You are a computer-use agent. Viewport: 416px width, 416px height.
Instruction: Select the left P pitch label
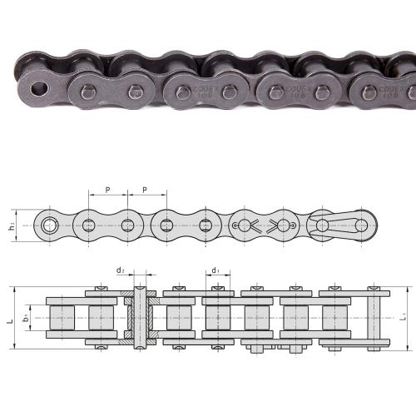108,191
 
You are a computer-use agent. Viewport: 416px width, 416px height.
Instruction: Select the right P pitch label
146,191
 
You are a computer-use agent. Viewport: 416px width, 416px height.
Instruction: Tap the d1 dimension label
215,270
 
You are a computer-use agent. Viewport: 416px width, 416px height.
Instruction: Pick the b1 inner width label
27,318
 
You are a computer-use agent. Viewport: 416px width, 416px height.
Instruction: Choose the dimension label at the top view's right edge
404,318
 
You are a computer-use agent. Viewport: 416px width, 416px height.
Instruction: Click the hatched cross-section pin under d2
139,318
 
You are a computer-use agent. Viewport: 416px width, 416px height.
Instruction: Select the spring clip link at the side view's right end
341,225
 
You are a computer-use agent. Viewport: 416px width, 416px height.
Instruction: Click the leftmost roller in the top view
61,318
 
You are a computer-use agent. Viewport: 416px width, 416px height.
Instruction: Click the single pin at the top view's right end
374,318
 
